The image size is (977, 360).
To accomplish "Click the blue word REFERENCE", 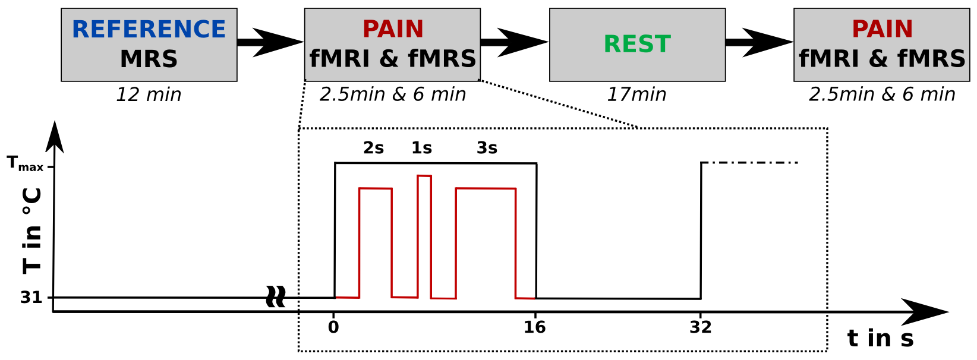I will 149,29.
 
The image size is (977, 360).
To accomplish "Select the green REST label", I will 637,44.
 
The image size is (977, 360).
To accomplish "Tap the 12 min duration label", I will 149,94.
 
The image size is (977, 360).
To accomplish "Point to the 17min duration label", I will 636,94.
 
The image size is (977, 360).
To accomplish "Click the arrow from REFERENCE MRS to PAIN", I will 270,42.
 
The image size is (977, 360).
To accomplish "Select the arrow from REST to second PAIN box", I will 759,42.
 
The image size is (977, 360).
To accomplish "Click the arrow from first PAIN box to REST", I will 514,42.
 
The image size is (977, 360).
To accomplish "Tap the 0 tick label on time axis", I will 333,327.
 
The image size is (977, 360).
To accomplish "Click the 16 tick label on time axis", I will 535,327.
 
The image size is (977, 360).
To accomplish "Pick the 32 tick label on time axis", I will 701,327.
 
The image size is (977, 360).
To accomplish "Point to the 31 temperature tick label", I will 31,297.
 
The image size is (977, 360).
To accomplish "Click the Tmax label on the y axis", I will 25,163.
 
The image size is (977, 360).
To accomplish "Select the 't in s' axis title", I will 880,339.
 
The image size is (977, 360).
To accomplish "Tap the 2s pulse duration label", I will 373,148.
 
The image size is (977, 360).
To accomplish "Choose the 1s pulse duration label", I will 421,148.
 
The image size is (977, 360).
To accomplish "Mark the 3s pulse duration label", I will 487,148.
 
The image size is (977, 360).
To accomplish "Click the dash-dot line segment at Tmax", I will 750,163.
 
